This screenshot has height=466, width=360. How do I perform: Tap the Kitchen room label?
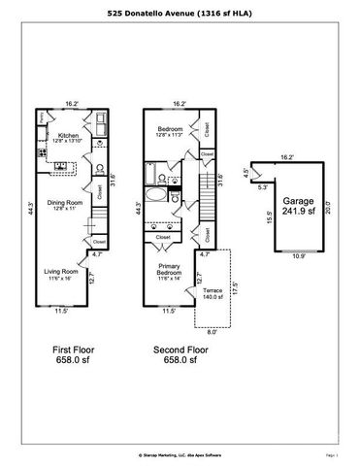68,137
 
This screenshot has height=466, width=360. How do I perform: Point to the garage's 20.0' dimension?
329,206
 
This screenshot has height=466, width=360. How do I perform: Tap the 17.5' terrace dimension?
237,290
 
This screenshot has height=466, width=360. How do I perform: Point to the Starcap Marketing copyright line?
180,453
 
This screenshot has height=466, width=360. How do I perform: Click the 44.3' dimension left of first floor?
31,207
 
